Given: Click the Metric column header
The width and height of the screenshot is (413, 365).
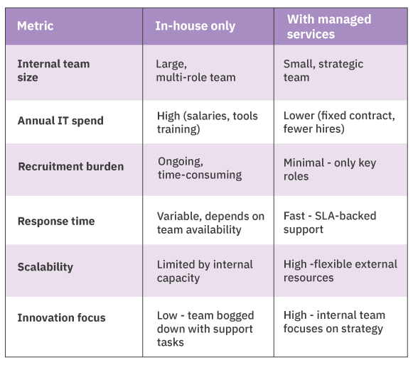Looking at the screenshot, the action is pyautogui.click(x=36, y=26).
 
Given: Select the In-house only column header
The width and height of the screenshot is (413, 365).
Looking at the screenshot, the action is pyautogui.click(x=195, y=26).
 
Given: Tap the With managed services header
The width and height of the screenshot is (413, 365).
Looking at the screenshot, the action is pyautogui.click(x=329, y=26).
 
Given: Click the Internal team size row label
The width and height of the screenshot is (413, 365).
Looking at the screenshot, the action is pyautogui.click(x=54, y=70).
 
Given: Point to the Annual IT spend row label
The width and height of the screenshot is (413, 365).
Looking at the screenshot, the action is pyautogui.click(x=60, y=121).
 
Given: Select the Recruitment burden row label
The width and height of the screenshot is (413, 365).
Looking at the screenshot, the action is pyautogui.click(x=71, y=166).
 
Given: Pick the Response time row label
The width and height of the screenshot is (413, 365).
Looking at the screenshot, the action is pyautogui.click(x=56, y=221).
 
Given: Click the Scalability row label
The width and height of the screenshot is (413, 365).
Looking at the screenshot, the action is pyautogui.click(x=45, y=267).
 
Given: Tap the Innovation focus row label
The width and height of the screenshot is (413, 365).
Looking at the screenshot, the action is pyautogui.click(x=62, y=317).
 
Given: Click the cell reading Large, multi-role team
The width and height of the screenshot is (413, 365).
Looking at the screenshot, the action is pyautogui.click(x=195, y=70).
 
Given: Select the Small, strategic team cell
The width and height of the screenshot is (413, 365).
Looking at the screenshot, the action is pyautogui.click(x=323, y=70).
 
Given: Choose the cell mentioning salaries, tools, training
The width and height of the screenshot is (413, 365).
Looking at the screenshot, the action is pyautogui.click(x=208, y=122).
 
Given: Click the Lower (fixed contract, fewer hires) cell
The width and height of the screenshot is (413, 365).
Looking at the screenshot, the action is pyautogui.click(x=339, y=122).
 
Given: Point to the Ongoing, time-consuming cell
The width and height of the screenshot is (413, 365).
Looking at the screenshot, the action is pyautogui.click(x=200, y=168).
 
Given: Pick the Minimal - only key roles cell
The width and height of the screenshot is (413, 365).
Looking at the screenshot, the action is pyautogui.click(x=330, y=170).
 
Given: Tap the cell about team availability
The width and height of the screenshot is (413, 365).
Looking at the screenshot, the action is pyautogui.click(x=210, y=223).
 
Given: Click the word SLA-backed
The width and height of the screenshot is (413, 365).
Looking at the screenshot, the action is pyautogui.click(x=345, y=216).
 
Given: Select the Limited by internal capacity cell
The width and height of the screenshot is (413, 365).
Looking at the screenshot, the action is pyautogui.click(x=205, y=271).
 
